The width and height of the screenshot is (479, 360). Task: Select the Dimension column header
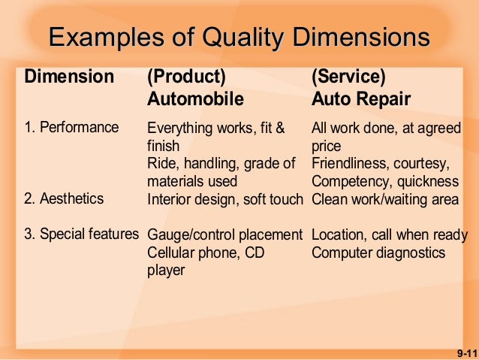pyautogui.click(x=69, y=77)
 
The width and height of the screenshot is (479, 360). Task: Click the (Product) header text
pyautogui.click(x=186, y=77)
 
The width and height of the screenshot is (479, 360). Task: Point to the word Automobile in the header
pyautogui.click(x=195, y=99)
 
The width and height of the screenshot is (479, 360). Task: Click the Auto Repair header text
pyautogui.click(x=361, y=99)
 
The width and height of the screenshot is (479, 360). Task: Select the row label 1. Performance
pyautogui.click(x=71, y=127)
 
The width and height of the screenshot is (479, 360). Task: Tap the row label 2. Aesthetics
pyautogui.click(x=65, y=199)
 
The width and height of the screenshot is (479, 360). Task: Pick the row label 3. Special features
pyautogui.click(x=81, y=234)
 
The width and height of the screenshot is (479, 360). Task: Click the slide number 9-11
pyautogui.click(x=465, y=352)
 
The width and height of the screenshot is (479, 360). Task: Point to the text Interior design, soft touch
pyautogui.click(x=224, y=199)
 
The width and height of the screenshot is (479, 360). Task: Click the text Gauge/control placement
pyautogui.click(x=224, y=234)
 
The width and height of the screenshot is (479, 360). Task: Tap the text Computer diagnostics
pyautogui.click(x=378, y=253)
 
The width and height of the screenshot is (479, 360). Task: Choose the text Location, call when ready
pyautogui.click(x=389, y=234)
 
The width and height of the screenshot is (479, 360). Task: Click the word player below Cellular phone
pyautogui.click(x=165, y=271)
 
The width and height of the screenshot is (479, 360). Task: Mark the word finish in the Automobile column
pyautogui.click(x=164, y=145)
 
